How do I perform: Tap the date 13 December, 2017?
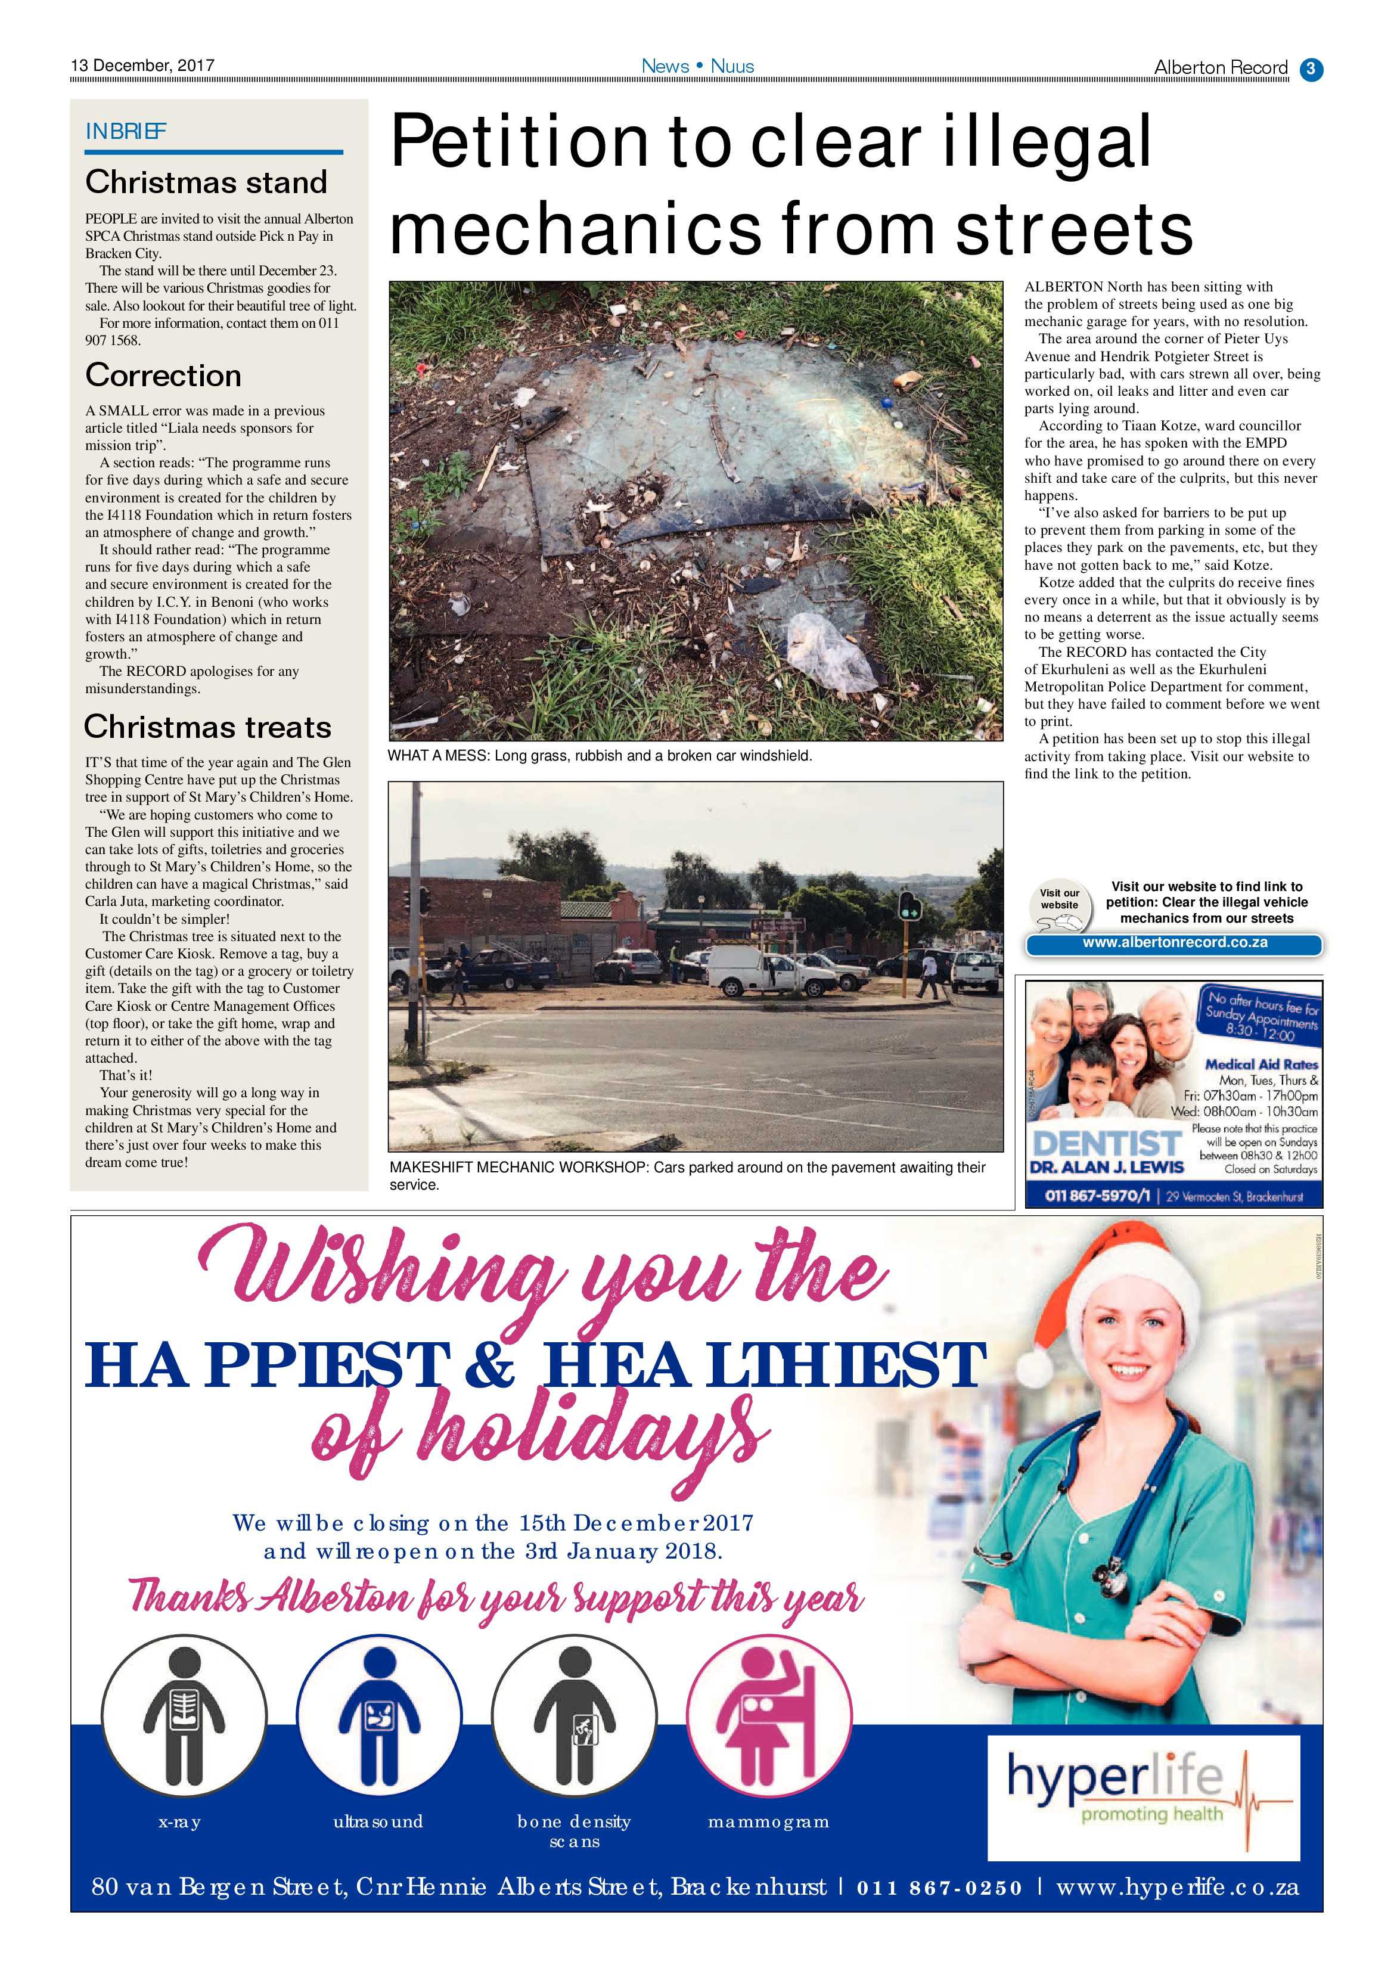tap(142, 65)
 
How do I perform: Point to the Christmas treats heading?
tap(208, 727)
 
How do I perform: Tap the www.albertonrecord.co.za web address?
tap(1174, 943)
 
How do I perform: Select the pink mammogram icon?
tap(768, 1719)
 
